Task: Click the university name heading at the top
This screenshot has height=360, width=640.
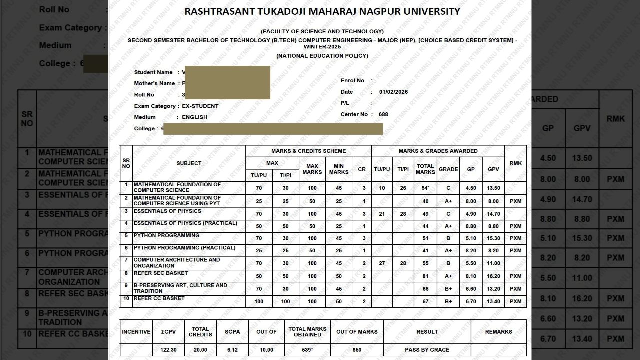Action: (322, 11)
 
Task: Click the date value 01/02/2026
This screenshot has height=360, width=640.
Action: (393, 92)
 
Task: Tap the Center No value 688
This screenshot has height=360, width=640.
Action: (383, 114)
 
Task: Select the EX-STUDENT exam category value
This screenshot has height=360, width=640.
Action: (200, 106)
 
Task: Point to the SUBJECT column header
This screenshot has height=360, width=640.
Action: (189, 163)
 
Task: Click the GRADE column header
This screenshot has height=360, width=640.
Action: (448, 169)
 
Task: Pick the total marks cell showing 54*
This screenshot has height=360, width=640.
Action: (425, 188)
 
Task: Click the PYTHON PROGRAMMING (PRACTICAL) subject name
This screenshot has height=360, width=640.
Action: (184, 248)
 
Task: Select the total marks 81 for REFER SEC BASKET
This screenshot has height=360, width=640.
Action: (425, 276)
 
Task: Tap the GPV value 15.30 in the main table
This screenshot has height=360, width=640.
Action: (493, 238)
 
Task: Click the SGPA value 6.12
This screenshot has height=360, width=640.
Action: (232, 350)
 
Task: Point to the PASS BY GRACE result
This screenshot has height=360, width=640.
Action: (427, 350)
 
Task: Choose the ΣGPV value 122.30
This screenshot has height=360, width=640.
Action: (169, 350)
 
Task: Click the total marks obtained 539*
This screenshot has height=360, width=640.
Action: (307, 350)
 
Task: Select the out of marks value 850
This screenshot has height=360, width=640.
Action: (357, 350)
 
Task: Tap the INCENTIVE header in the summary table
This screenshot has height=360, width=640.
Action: (136, 332)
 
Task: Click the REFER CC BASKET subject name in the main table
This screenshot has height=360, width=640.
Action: (159, 298)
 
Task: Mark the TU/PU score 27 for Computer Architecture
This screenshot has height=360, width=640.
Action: (382, 263)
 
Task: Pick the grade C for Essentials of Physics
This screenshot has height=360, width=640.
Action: (448, 214)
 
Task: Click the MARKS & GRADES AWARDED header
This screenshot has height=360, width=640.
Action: (438, 151)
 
